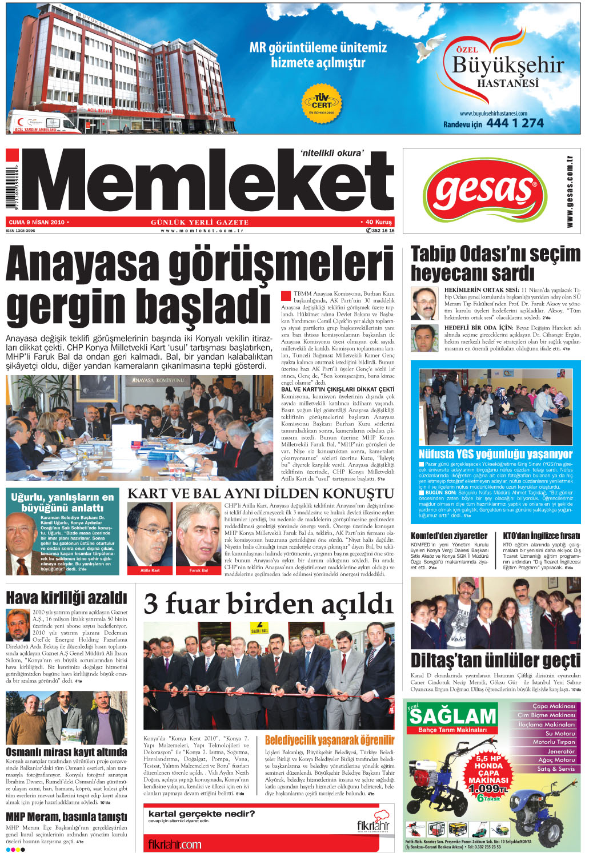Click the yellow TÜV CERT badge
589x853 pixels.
pos(321,103)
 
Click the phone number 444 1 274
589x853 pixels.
pos(515,123)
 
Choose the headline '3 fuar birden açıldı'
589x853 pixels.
pos(269,603)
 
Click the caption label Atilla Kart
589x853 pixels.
pos(150,570)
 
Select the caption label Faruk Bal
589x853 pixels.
pos(199,570)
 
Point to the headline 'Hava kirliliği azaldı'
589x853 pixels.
pos(66,598)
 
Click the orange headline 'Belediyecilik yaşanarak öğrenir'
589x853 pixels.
pos(330,741)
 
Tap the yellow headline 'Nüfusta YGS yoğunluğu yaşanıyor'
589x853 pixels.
pos(495,454)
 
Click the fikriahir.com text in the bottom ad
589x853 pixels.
pos(175,844)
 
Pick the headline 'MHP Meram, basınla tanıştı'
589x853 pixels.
pos(66,817)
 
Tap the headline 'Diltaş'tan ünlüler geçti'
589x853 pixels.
pos(495,661)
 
